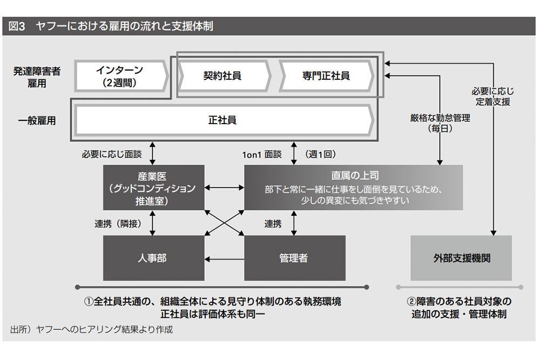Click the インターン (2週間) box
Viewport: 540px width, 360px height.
121,77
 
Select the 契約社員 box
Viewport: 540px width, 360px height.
223,76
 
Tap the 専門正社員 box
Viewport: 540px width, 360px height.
326,76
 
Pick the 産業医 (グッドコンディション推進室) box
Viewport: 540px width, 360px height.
153,188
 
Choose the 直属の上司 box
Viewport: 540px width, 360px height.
353,188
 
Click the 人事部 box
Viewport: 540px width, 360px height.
153,258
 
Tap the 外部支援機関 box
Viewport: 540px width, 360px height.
461,258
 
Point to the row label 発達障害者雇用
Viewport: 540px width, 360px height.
37,77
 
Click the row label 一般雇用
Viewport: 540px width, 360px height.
37,120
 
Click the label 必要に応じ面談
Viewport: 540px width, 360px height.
112,154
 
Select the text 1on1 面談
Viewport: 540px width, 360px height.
262,154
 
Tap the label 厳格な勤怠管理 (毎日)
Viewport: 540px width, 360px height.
440,123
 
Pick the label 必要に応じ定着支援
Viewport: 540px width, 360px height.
493,97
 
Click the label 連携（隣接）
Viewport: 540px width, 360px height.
118,223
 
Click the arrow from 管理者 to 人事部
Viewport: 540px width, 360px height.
224,259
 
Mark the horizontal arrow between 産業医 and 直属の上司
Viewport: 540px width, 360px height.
224,188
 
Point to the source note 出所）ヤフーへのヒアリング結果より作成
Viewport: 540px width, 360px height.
92,329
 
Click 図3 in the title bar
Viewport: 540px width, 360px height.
17,26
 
